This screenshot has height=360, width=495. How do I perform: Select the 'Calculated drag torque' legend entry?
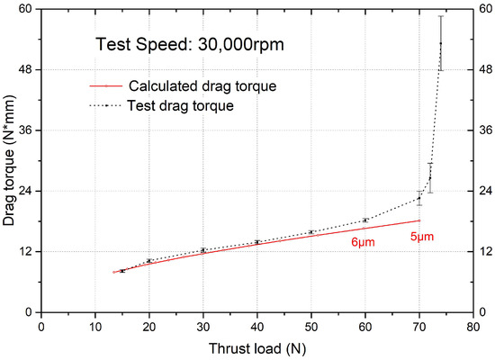[x=202, y=86]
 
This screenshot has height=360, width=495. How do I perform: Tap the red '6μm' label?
[x=363, y=243]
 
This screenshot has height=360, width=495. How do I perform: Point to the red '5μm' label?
[x=422, y=237]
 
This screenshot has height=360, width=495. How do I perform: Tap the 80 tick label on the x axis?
[x=472, y=328]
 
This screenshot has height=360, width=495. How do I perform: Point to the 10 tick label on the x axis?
[x=94, y=328]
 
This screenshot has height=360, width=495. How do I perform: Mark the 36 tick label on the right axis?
[x=486, y=130]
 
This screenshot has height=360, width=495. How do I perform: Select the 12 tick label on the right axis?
[x=486, y=251]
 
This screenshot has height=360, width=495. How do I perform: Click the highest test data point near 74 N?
[x=441, y=43]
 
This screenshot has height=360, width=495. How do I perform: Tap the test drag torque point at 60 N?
[x=364, y=220]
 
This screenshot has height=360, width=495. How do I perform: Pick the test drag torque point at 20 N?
[x=148, y=261]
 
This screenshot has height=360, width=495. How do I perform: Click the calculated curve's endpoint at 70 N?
[x=418, y=220]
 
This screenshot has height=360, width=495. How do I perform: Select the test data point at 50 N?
[x=310, y=232]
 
